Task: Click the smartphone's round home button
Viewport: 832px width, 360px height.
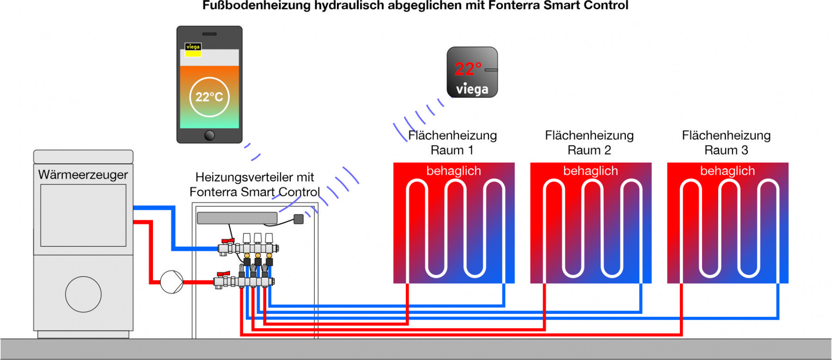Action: (x=209, y=135)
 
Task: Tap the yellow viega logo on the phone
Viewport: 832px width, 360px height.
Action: (x=193, y=49)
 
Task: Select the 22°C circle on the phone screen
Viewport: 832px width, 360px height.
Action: (x=209, y=97)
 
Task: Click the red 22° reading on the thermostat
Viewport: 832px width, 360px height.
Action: (x=467, y=69)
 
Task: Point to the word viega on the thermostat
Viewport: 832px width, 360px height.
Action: (x=472, y=89)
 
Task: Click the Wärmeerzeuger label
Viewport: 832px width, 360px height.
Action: (x=83, y=175)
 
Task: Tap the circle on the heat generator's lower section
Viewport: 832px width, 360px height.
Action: (x=83, y=294)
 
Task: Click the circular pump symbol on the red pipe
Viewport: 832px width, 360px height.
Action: (x=171, y=282)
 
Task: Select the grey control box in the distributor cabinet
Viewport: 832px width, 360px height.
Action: (x=237, y=218)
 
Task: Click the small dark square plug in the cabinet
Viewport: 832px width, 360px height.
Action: (x=299, y=219)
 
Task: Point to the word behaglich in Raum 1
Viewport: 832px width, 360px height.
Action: (x=453, y=171)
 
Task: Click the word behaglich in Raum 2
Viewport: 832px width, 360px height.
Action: (x=590, y=171)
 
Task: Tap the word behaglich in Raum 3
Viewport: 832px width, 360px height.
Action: (x=727, y=171)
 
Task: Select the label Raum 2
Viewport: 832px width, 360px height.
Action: (x=589, y=150)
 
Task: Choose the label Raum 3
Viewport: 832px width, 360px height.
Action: (x=726, y=150)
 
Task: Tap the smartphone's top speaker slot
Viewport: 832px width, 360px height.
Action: (x=209, y=34)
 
